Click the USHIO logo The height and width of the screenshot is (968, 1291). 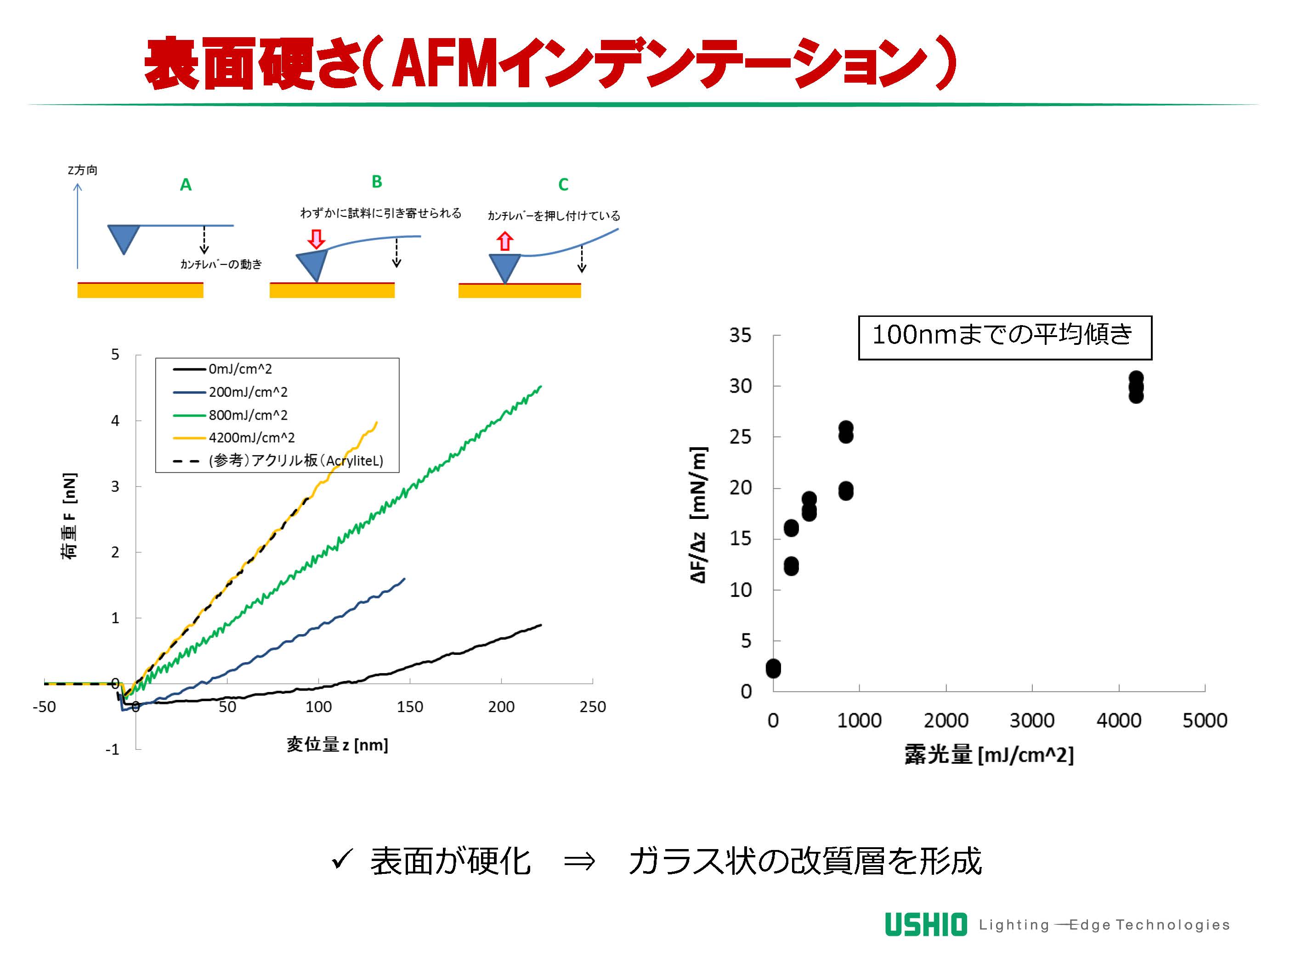pos(926,925)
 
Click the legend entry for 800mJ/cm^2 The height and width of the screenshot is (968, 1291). pos(248,415)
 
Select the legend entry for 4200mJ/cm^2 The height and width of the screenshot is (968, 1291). pos(252,438)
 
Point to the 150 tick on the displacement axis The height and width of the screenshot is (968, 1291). pos(410,707)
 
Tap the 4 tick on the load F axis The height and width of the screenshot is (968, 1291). pos(115,421)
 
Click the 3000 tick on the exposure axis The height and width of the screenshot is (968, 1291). pos(1032,720)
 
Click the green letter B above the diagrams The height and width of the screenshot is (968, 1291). pos(377,182)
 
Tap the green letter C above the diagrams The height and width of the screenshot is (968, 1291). pos(563,185)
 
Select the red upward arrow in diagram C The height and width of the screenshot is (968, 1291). pos(505,241)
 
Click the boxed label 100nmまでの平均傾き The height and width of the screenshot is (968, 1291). pos(1004,337)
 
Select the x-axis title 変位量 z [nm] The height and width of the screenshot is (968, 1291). pos(337,744)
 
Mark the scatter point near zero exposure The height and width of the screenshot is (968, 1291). pos(773,669)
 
